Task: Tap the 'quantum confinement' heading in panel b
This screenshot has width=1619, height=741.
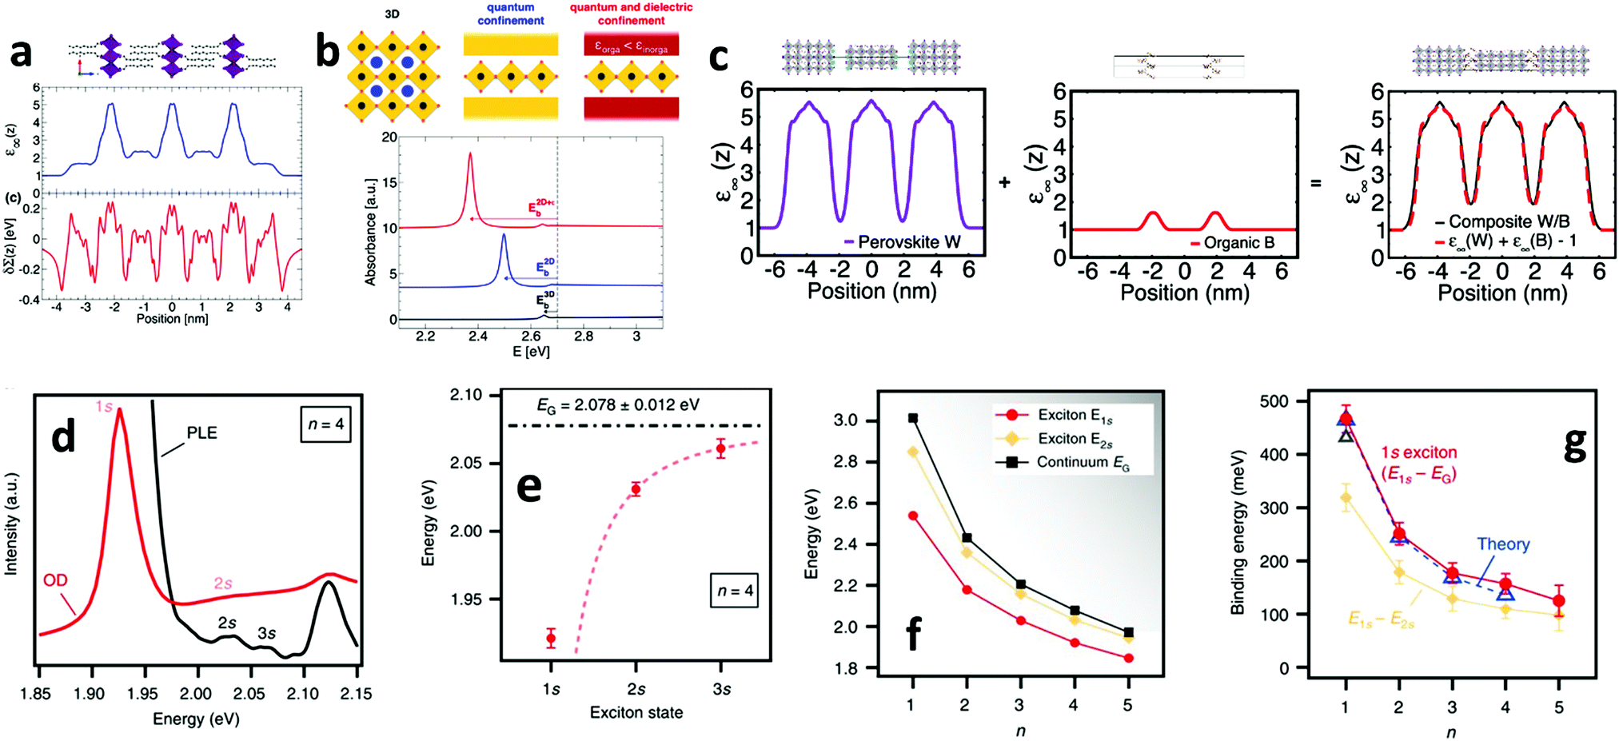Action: (510, 14)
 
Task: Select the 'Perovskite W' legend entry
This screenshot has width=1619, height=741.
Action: (903, 241)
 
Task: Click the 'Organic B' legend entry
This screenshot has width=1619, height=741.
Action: (1232, 242)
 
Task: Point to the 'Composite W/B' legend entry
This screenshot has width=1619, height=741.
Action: (1502, 221)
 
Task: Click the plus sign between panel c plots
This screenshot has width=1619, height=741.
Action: (1004, 182)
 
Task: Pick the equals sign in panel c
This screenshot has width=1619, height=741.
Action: (1315, 182)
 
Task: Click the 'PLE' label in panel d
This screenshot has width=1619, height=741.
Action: (201, 432)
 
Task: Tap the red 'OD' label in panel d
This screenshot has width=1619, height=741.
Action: (55, 580)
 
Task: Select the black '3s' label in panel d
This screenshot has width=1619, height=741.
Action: (266, 633)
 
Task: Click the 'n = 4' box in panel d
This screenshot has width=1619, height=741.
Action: (326, 424)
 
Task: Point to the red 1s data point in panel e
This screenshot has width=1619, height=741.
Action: (551, 638)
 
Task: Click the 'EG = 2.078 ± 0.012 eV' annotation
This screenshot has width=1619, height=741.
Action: (617, 404)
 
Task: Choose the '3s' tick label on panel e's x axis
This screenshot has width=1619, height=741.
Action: (721, 688)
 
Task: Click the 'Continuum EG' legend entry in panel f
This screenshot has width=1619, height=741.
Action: (1082, 462)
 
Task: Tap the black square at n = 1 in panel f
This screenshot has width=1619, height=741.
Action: (913, 418)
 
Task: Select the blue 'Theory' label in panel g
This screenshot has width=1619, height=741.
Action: (1503, 544)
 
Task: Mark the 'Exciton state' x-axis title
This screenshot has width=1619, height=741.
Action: (636, 712)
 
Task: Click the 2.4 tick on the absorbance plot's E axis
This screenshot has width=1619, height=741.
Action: (478, 336)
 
